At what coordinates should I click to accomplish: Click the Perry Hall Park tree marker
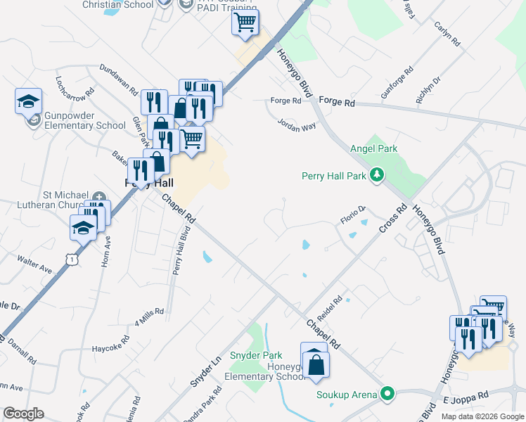coord(377,174)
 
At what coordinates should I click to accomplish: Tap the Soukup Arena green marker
coord(387,394)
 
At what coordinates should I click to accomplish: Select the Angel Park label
coord(373,148)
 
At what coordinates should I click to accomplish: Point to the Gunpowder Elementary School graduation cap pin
coord(28,101)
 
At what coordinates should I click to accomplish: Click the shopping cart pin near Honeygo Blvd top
coord(245,23)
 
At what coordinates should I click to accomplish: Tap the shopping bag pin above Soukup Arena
coord(314,364)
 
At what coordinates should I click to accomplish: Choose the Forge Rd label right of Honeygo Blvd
coord(337,101)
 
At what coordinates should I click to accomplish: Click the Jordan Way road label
coord(296,126)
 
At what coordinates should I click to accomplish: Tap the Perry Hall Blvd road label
coord(182,252)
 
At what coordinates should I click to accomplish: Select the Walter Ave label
coord(35,267)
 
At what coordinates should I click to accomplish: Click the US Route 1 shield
coord(70,260)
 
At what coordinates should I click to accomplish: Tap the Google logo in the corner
coord(23,413)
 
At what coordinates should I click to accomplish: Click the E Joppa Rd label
coord(465,398)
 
